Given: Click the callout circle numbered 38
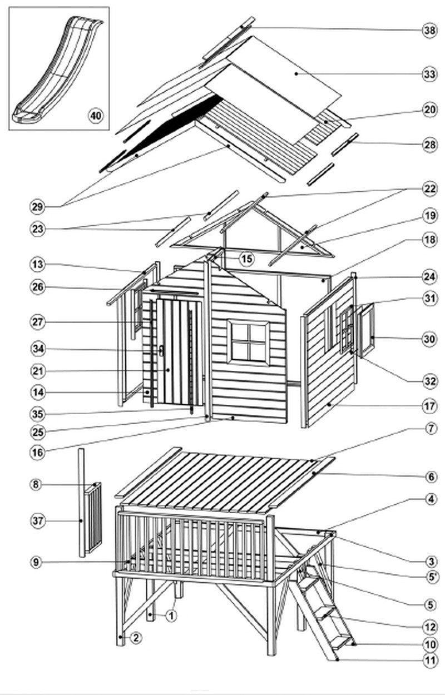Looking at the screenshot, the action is [430, 31].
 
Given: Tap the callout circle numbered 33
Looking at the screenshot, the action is [430, 75].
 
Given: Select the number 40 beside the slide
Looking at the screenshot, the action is [96, 116].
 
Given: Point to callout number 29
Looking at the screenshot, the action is [37, 207].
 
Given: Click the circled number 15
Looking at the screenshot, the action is [247, 259].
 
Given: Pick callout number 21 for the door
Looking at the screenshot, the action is [38, 371].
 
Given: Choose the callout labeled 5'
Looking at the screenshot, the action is [431, 578].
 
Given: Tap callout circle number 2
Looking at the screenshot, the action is [136, 638].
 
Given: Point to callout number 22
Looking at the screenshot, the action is [430, 188].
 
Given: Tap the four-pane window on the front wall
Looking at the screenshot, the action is [249, 342].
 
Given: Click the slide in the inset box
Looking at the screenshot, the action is [58, 69].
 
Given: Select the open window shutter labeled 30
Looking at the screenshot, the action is [367, 331].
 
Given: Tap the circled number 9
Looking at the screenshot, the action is [36, 562].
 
